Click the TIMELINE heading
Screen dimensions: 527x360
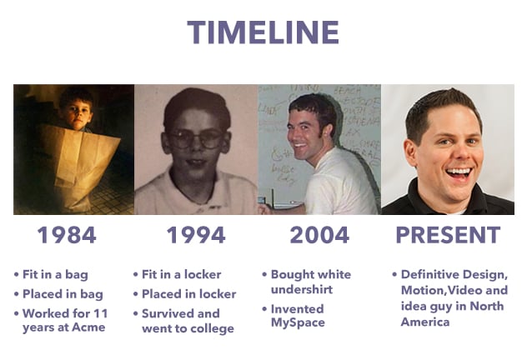point(263,32)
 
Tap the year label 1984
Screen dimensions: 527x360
point(67,235)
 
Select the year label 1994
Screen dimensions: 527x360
point(196,235)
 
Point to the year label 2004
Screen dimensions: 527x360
point(319,235)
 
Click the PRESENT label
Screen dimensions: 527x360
point(448,235)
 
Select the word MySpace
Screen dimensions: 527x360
point(298,322)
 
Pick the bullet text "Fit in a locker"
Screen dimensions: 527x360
point(182,274)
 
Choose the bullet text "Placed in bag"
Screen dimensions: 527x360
point(63,294)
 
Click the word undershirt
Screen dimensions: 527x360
point(302,289)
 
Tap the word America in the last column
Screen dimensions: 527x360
point(425,322)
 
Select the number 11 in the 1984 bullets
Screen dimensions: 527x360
point(101,313)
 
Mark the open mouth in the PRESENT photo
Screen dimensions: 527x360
point(459,174)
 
